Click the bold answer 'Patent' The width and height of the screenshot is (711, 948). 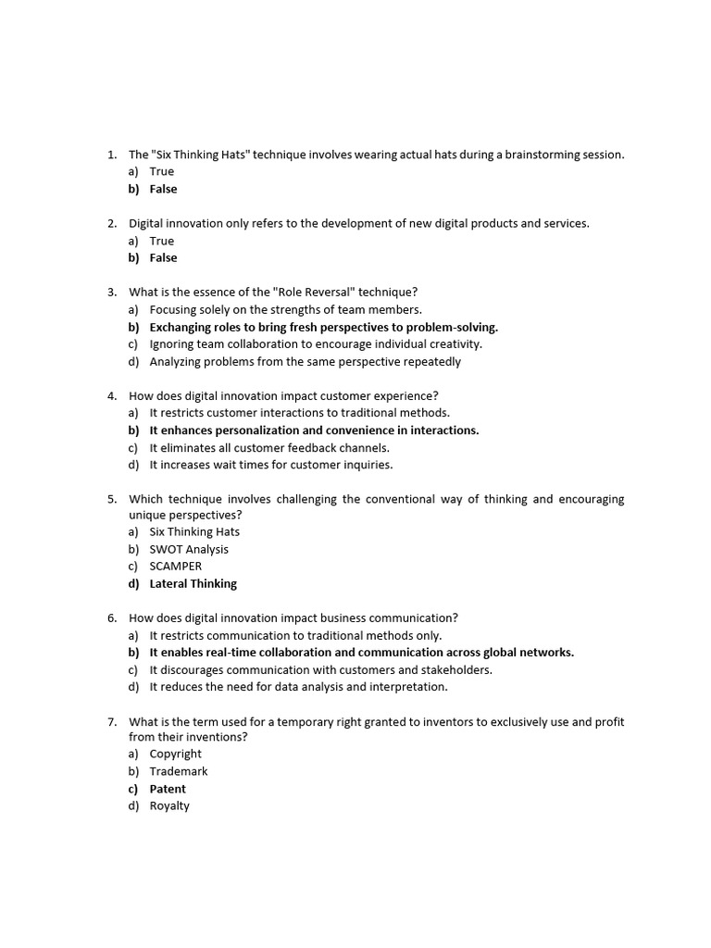[168, 789]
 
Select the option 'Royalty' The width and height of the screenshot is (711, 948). [169, 805]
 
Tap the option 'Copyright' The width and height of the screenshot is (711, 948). [175, 754]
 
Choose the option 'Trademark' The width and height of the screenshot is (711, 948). [179, 771]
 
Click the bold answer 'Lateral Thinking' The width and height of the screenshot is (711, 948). [193, 583]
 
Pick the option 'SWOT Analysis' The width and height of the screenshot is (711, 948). [189, 549]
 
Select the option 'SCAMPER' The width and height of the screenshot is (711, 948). [175, 566]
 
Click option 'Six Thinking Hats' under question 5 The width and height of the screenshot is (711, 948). [194, 531]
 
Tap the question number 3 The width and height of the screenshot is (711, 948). [111, 292]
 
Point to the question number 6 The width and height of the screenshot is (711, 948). [111, 617]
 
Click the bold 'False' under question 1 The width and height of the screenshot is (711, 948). [163, 189]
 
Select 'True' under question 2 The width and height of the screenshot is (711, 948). [161, 241]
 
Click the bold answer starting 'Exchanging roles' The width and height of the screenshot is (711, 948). [323, 327]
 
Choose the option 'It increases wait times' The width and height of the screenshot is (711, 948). [270, 465]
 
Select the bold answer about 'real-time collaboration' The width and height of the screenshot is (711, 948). [361, 652]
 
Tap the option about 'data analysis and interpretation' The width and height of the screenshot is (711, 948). [298, 687]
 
